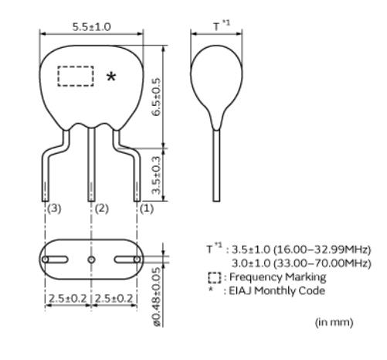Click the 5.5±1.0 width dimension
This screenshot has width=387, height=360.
(x=91, y=27)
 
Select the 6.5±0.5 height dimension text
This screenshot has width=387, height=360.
(x=156, y=97)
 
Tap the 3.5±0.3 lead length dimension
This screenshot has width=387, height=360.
(x=156, y=175)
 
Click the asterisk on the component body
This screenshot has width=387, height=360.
(x=111, y=76)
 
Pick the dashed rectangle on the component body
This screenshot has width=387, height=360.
(x=76, y=76)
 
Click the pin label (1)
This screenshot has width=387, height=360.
(x=147, y=209)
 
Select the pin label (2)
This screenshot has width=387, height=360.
(x=102, y=209)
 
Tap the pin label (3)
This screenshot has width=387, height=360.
(x=55, y=209)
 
